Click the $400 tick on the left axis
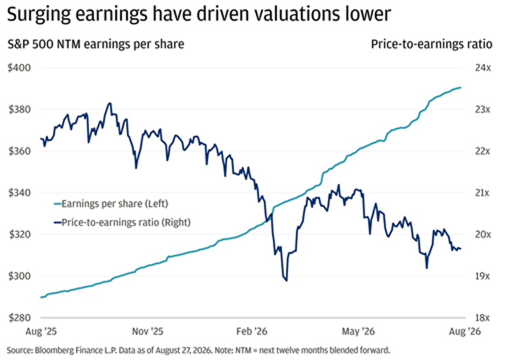[19, 68]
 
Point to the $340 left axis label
[19, 192]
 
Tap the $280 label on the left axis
[19, 318]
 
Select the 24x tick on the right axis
[483, 68]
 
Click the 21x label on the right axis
[482, 192]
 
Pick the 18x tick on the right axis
[482, 318]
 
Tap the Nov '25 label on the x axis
[147, 331]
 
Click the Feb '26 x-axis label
[251, 331]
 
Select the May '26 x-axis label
[358, 331]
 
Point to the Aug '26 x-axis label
[464, 331]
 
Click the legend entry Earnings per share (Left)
[111, 204]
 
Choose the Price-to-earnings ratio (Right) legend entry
[122, 223]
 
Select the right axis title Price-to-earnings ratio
[432, 44]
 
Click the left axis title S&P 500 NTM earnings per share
[96, 44]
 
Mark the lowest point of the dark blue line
[287, 281]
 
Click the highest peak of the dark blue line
[109, 103]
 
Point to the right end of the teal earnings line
[461, 88]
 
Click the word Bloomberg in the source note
[50, 350]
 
